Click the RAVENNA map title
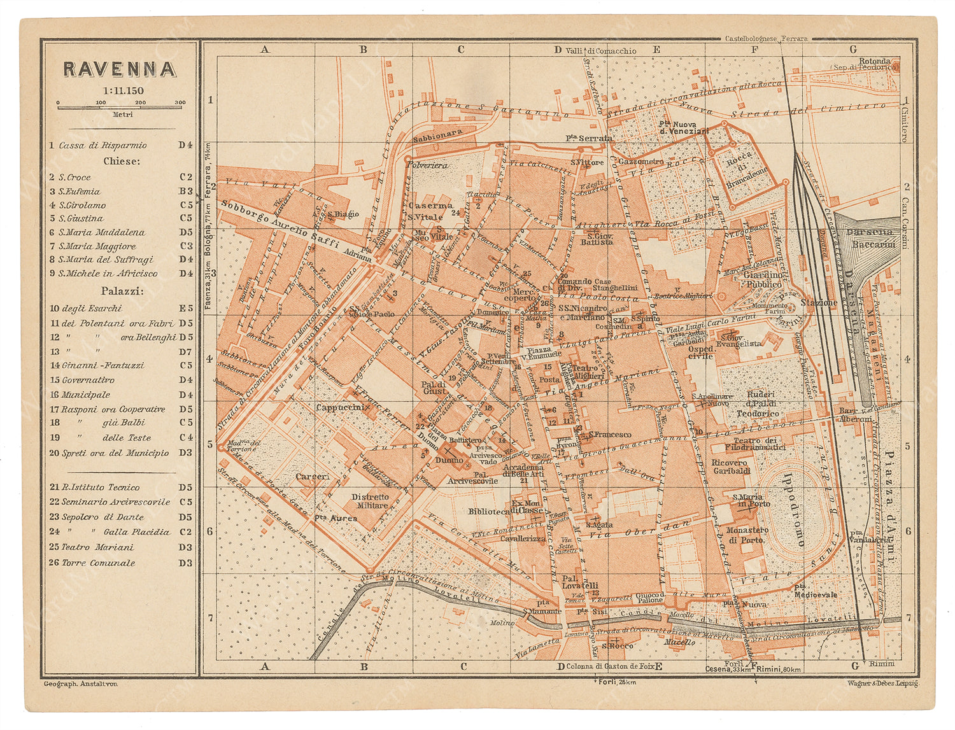(119, 69)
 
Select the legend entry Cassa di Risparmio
(103, 145)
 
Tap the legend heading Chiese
(122, 161)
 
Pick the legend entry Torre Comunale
(98, 563)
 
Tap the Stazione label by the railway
(819, 302)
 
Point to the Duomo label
(450, 460)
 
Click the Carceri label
(312, 476)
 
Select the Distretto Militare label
(370, 501)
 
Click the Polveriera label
(427, 165)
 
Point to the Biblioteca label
(488, 511)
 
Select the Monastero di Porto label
(746, 535)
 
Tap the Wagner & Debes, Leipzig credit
(882, 683)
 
